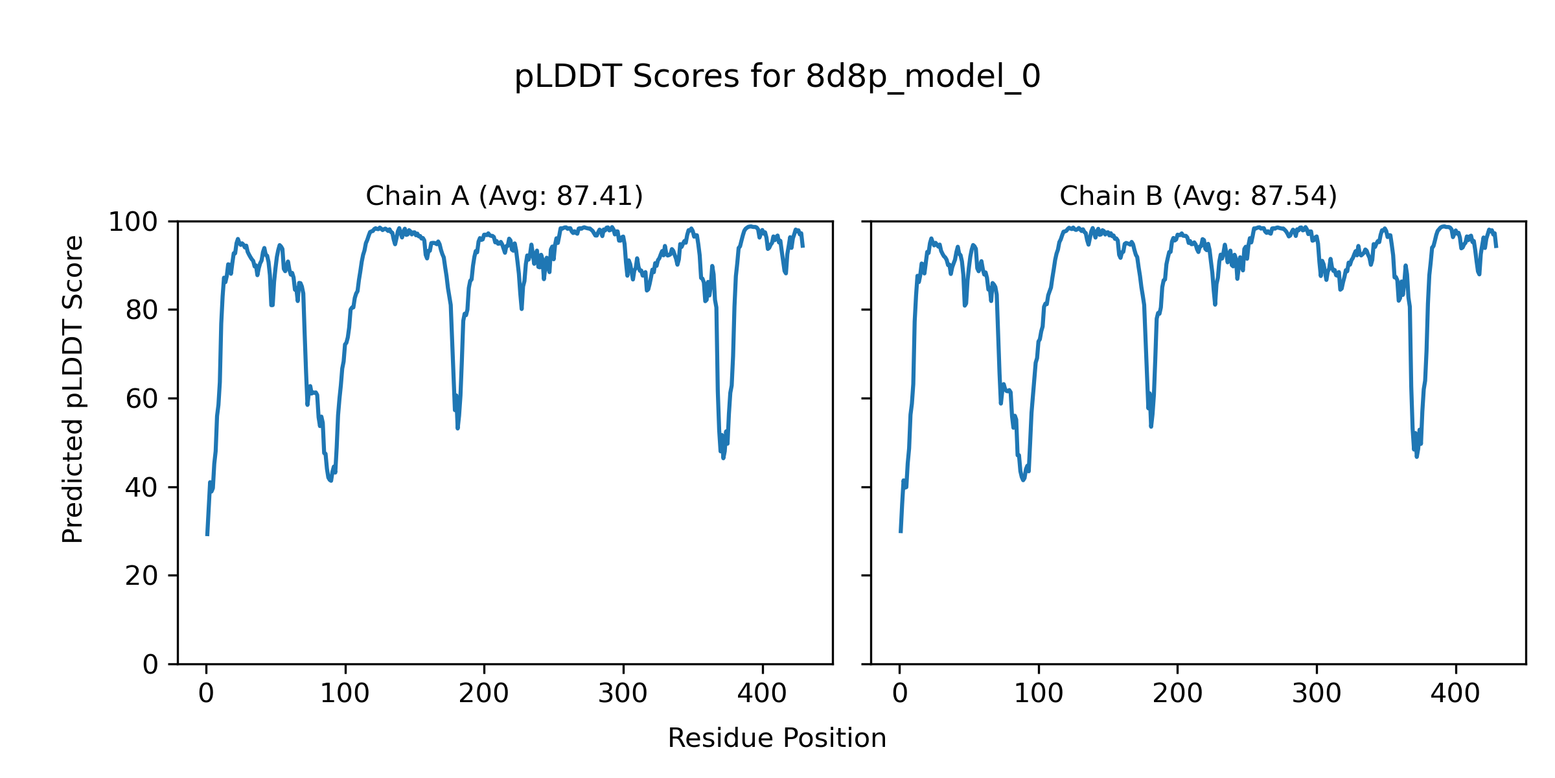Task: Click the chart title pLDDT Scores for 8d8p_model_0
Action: click(777, 77)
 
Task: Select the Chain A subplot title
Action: click(504, 196)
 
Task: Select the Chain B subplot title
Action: click(1198, 196)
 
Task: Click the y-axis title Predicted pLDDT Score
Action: click(73, 389)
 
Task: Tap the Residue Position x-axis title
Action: click(777, 738)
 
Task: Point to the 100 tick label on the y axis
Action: click(133, 222)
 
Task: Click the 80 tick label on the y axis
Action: click(142, 311)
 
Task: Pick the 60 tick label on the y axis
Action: click(142, 399)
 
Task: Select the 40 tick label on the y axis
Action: click(142, 488)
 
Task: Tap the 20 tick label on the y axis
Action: click(142, 576)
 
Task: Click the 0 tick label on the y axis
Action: click(150, 665)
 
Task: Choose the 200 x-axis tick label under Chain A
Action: click(484, 694)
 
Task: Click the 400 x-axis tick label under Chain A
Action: click(762, 694)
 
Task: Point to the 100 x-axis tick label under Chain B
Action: click(1039, 694)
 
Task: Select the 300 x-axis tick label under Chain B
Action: click(1317, 694)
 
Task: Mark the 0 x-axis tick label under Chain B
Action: click(900, 694)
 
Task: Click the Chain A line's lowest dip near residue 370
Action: click(723, 458)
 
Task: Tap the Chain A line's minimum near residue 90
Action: click(330, 480)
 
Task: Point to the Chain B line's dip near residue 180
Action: click(1151, 425)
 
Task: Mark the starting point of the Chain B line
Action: click(901, 532)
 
